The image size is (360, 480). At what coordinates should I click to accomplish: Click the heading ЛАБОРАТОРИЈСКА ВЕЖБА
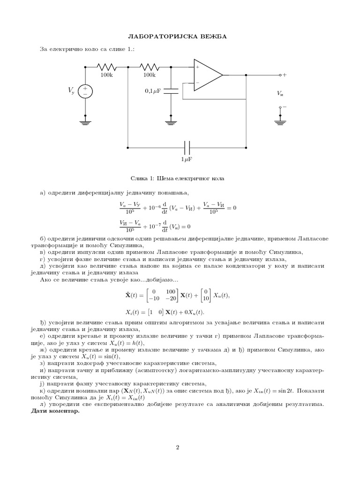click(180, 36)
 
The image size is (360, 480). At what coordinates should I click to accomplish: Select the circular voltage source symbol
click(85, 91)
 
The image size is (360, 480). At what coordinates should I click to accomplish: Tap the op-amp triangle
click(207, 75)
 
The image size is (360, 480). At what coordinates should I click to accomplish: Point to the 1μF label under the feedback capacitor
click(187, 159)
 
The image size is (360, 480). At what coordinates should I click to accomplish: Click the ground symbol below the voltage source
click(85, 122)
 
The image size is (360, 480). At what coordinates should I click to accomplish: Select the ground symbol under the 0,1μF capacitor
click(171, 122)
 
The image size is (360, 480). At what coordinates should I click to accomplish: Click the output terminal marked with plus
click(280, 75)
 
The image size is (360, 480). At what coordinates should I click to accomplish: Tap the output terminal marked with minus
click(280, 107)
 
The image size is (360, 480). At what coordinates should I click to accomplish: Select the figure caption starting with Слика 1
click(180, 179)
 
